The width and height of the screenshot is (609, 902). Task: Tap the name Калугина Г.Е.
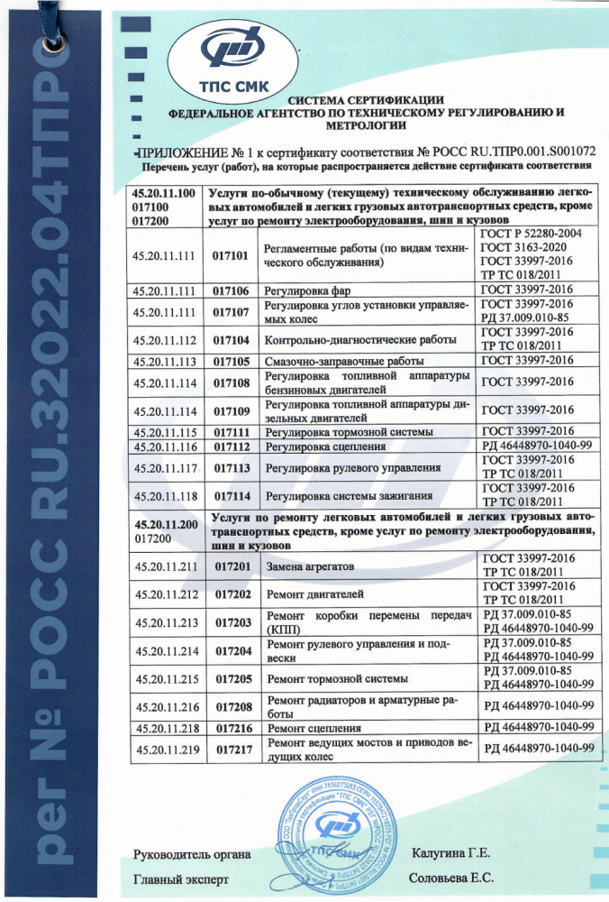(450, 852)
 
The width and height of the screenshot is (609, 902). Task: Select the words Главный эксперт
(181, 878)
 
